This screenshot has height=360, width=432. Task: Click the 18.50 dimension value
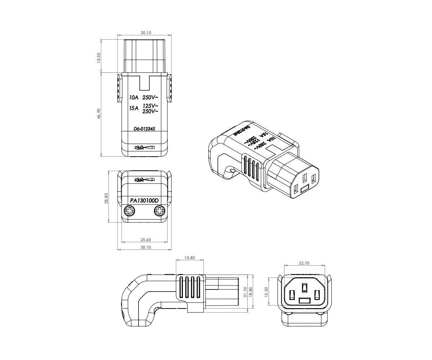point(98,58)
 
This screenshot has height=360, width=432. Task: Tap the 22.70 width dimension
point(304,263)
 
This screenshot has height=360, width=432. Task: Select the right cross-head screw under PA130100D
point(159,211)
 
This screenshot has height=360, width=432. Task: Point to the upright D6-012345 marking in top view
point(144,128)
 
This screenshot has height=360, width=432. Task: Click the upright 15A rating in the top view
point(134,108)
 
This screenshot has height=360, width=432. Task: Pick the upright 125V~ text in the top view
point(150,106)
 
